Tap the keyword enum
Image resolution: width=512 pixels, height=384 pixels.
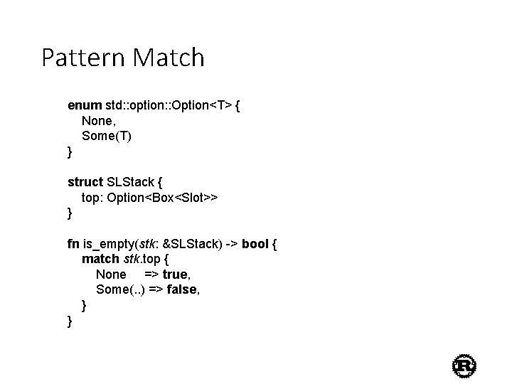[85, 106]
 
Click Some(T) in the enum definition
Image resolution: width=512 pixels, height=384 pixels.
[107, 136]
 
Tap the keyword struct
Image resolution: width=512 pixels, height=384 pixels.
[85, 182]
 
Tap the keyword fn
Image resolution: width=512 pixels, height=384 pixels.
[73, 244]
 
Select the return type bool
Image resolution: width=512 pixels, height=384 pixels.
[255, 244]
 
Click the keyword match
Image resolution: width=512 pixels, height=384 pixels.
[100, 259]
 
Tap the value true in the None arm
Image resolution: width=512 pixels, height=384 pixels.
[175, 274]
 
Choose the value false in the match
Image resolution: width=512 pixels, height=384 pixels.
[181, 289]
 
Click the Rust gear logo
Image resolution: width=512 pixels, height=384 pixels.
[464, 366]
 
